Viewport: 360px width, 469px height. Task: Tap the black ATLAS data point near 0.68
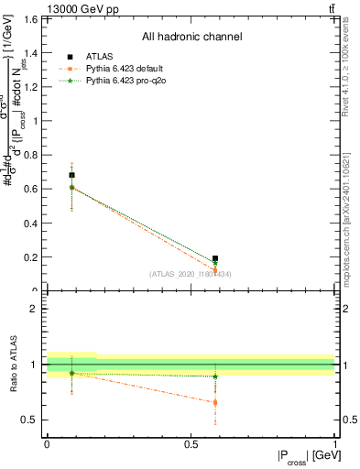click(x=71, y=174)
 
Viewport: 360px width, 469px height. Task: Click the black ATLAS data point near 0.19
click(x=215, y=258)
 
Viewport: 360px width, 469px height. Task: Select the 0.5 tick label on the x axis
click(x=191, y=444)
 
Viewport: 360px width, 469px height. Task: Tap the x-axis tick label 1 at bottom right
click(x=335, y=444)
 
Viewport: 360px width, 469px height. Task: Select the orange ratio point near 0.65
click(x=215, y=402)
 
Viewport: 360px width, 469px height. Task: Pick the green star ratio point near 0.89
click(x=215, y=376)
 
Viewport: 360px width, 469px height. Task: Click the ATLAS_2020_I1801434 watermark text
click(x=190, y=274)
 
